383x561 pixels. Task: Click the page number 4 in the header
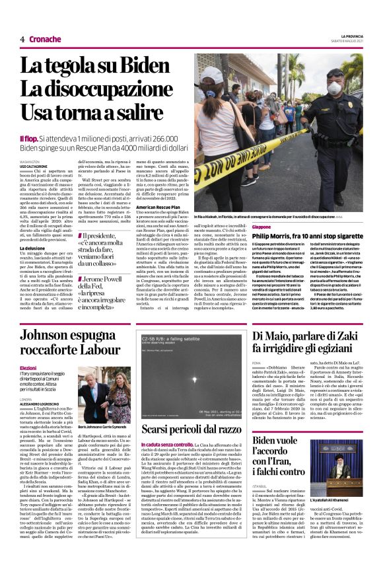[22, 39]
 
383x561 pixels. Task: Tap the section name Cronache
[45, 39]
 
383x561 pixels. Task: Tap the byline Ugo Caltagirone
[34, 165]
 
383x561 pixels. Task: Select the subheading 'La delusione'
[32, 248]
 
